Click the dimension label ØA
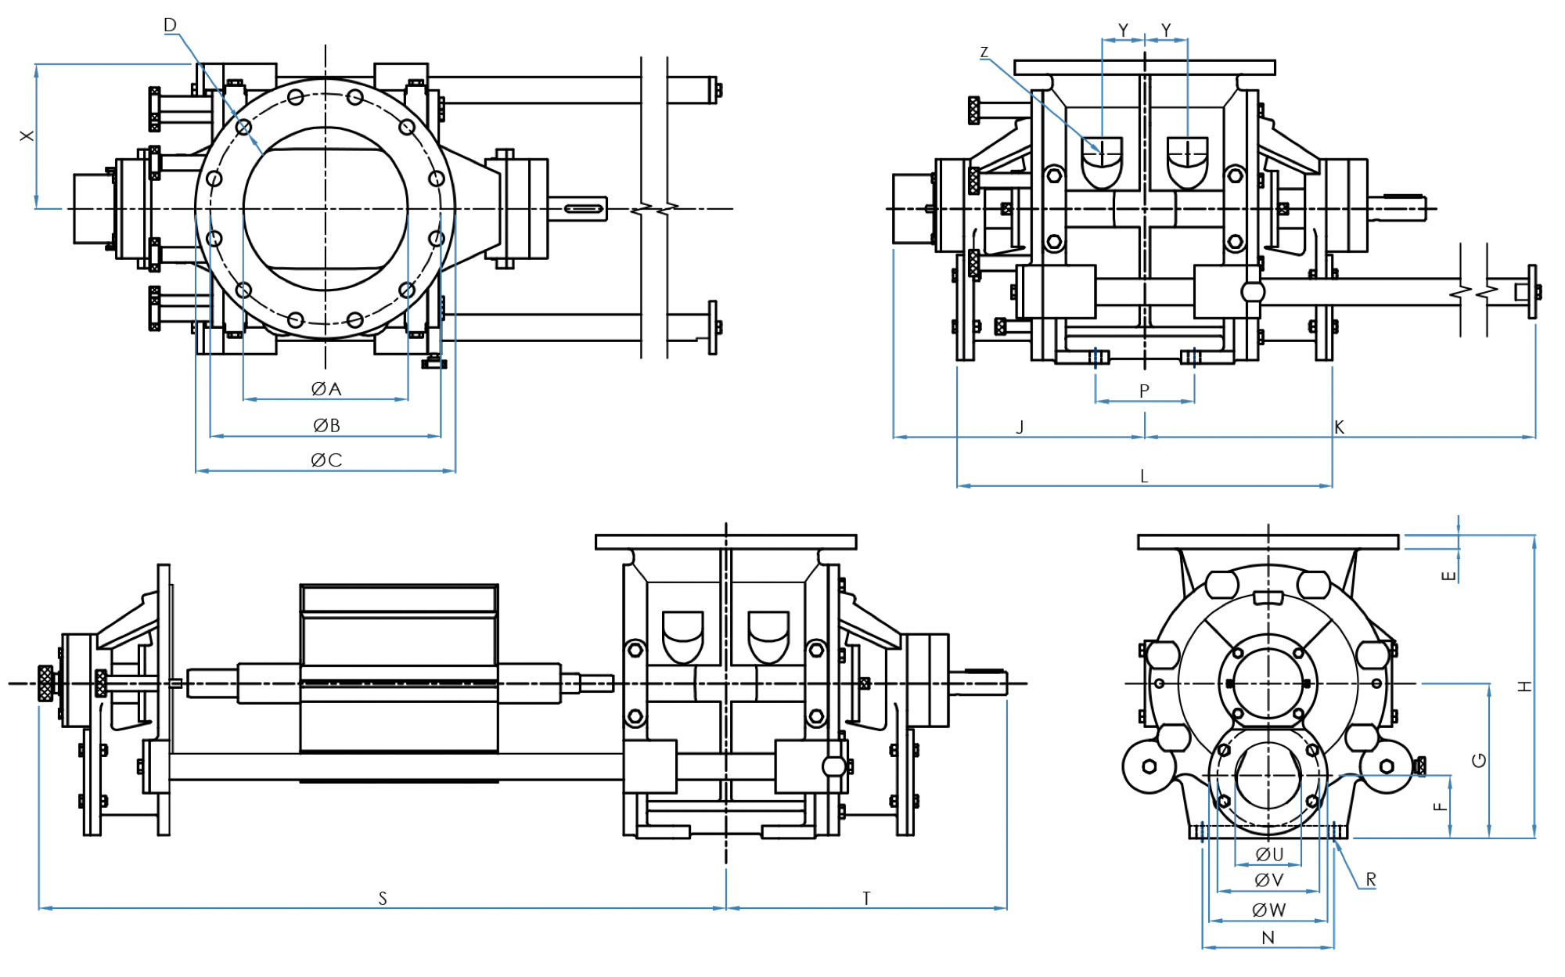point(326,389)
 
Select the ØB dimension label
point(326,426)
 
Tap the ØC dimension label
point(326,460)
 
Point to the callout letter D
point(170,25)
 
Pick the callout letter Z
point(984,52)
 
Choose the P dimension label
point(1144,391)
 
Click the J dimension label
point(1020,427)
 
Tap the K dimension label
point(1339,427)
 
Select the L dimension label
point(1144,477)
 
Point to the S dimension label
point(383,899)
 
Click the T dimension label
point(866,899)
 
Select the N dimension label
point(1268,938)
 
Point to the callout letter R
point(1371,880)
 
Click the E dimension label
point(1448,576)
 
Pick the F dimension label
point(1441,806)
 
